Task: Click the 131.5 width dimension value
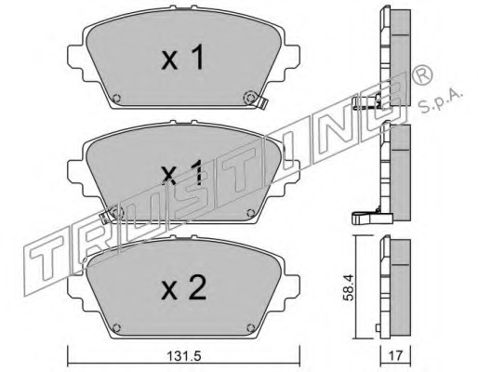click(x=184, y=356)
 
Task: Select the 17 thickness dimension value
click(x=395, y=355)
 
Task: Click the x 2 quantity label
click(x=183, y=288)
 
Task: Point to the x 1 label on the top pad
click(x=183, y=57)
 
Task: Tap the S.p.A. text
click(x=441, y=100)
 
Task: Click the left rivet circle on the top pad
click(x=116, y=99)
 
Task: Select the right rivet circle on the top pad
click(x=250, y=98)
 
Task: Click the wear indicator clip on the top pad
click(x=262, y=103)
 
